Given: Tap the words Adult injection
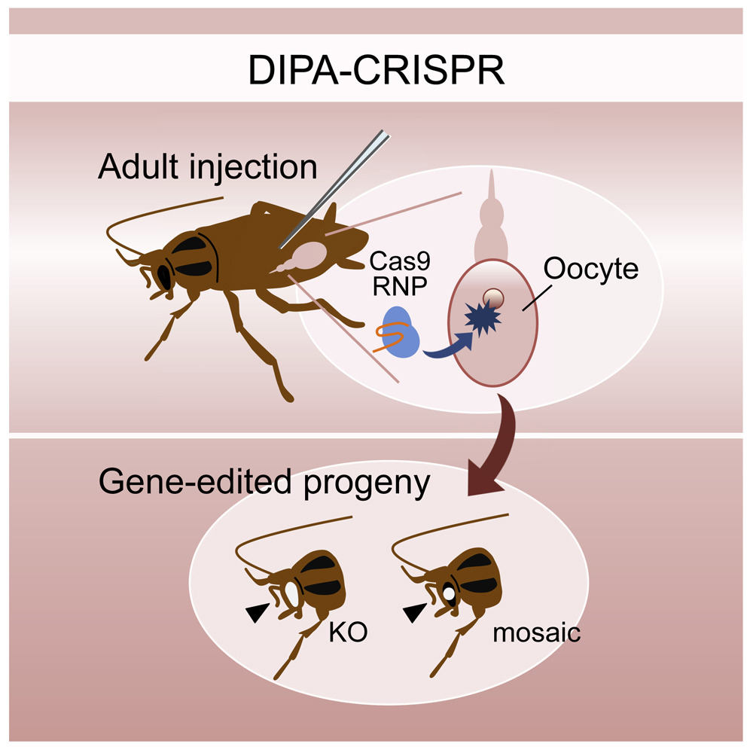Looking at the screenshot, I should [x=207, y=166].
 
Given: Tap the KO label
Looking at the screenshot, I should [x=347, y=633].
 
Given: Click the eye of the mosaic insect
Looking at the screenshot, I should [x=449, y=594].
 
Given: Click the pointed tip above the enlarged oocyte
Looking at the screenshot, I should [x=490, y=181].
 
